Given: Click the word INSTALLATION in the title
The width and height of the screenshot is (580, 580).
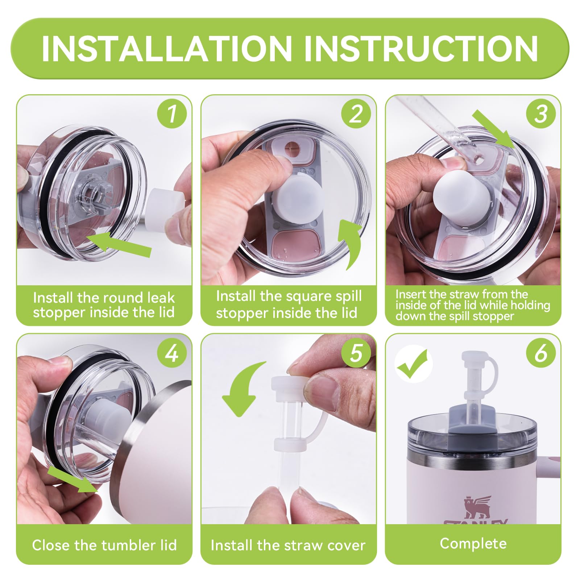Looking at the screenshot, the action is pyautogui.click(x=167, y=49).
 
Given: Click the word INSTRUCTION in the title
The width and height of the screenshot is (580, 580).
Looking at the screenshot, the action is pyautogui.click(x=421, y=49).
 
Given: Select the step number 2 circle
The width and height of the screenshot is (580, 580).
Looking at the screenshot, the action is pyautogui.click(x=356, y=113).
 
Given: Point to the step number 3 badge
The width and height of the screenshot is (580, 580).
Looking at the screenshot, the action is pyautogui.click(x=541, y=113).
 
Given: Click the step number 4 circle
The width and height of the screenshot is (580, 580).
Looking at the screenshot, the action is pyautogui.click(x=172, y=352).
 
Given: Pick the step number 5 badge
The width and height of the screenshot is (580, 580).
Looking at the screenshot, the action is pyautogui.click(x=356, y=352).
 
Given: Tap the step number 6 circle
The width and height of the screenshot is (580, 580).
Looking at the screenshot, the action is pyautogui.click(x=541, y=352).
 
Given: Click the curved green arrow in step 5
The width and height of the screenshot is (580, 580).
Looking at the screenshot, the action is pyautogui.click(x=242, y=388).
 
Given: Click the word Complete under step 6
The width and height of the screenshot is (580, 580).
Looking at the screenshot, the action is pyautogui.click(x=473, y=543).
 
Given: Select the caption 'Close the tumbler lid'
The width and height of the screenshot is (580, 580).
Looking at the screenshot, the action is pyautogui.click(x=104, y=545).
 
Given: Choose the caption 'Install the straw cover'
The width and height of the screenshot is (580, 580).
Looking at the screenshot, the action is pyautogui.click(x=288, y=545).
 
